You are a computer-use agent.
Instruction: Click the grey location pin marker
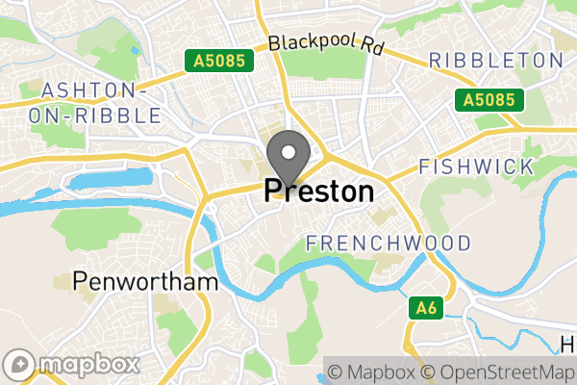[x=288, y=157]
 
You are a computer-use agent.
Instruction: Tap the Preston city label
[x=318, y=192]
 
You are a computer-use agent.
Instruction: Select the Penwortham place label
[x=145, y=283]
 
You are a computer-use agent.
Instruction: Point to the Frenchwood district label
[x=389, y=243]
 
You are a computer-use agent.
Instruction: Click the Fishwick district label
[x=476, y=167]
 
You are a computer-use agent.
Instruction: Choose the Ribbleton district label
[x=495, y=61]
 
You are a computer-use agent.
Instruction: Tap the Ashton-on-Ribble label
[x=101, y=102]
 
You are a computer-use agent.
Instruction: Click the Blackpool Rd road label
[x=325, y=44]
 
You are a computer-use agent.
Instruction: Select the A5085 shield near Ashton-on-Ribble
[x=219, y=62]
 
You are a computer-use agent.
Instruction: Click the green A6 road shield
[x=427, y=308]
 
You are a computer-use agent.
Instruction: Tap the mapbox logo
[x=72, y=365]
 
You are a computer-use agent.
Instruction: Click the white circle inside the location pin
[x=288, y=151]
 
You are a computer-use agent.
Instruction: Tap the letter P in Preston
[x=273, y=192]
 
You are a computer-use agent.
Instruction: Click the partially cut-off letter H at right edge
[x=568, y=344]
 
